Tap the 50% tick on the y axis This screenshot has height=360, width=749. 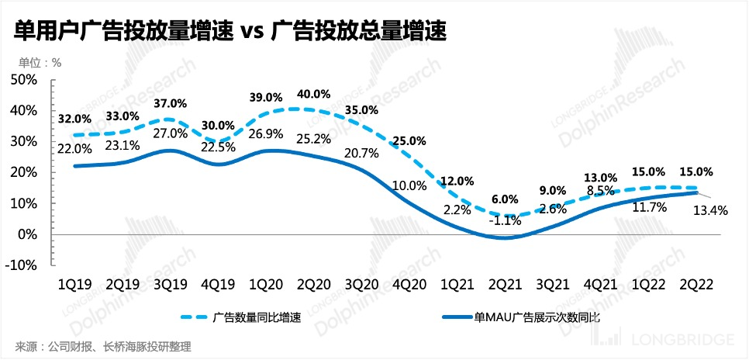[x=24, y=80]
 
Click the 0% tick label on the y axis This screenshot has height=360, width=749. [x=29, y=234]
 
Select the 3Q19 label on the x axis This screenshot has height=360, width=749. [x=171, y=284]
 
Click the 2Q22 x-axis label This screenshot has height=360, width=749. [x=695, y=284]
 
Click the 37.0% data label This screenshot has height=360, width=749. [x=171, y=103]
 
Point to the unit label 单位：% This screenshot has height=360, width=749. [x=40, y=63]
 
